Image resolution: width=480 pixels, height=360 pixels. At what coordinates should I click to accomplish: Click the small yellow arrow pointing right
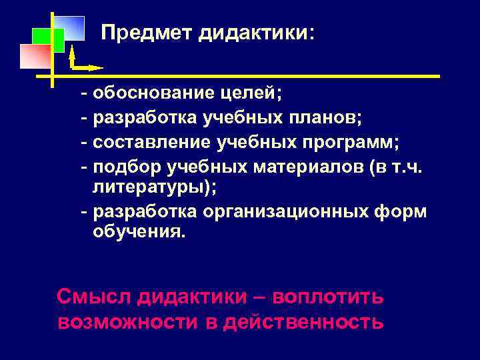87,67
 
